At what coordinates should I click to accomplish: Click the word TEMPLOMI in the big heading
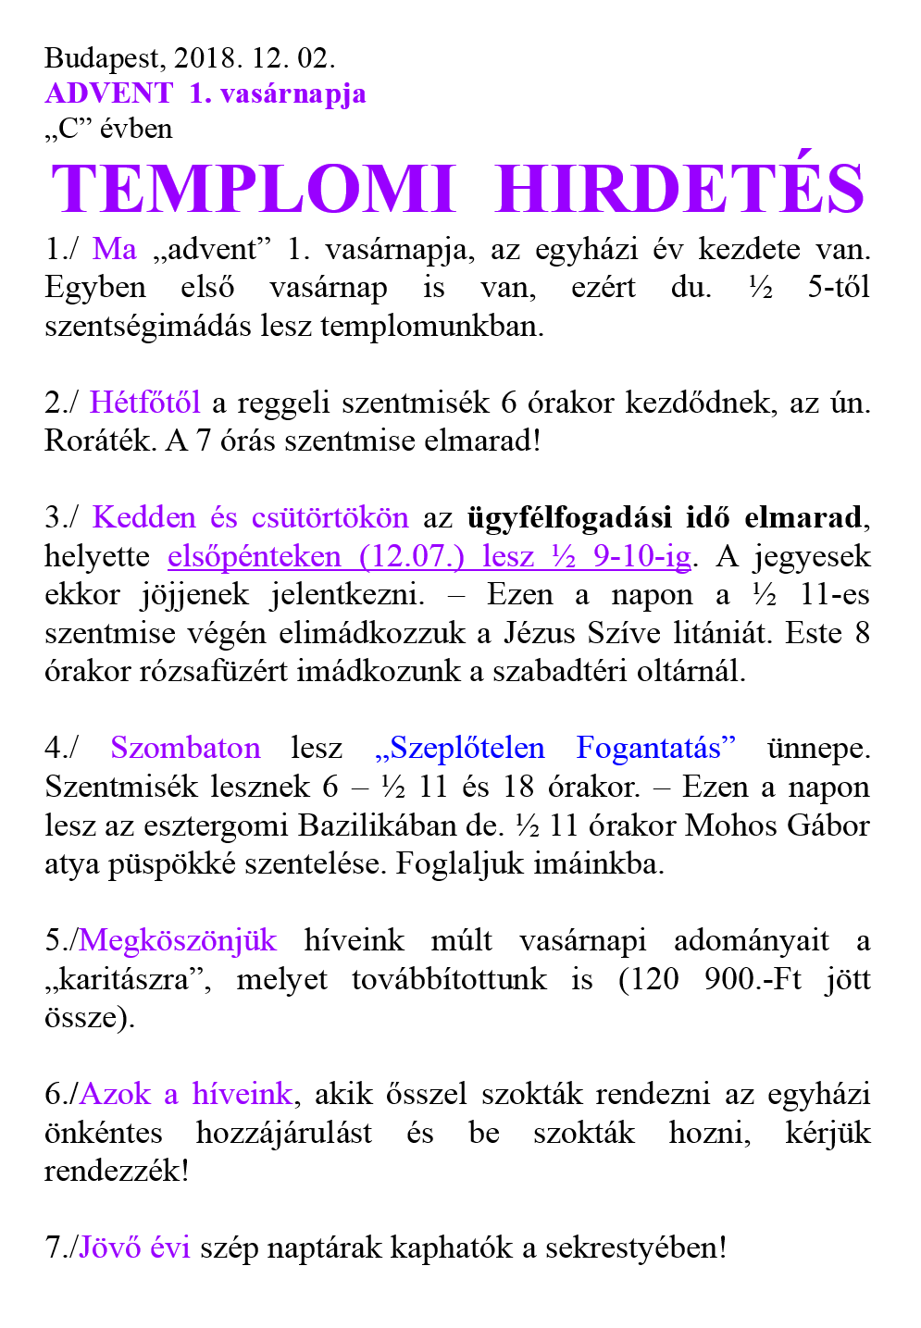point(254,190)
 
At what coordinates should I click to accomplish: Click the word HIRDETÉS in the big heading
point(680,190)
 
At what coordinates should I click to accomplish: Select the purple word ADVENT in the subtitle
point(108,93)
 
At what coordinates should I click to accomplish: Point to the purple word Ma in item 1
point(115,249)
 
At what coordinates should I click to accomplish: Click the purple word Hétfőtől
point(144,403)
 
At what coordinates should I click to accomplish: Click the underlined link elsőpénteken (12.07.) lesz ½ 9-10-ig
point(429,556)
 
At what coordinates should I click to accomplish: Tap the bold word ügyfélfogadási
point(570,517)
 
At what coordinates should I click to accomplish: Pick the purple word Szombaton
point(185,748)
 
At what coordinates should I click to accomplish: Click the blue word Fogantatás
point(656,748)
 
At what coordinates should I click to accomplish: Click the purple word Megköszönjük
point(178,940)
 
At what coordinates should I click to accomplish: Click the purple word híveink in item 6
point(242,1095)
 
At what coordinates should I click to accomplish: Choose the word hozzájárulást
point(284,1133)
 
